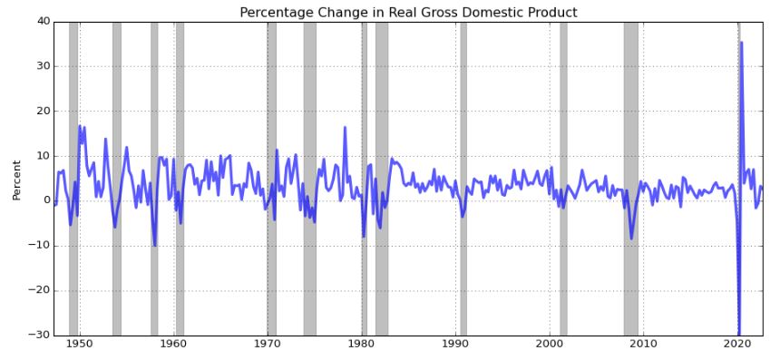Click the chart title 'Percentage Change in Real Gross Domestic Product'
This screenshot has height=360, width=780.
point(408,12)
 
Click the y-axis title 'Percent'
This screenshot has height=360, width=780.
point(17,180)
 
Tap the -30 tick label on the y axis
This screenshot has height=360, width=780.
point(39,336)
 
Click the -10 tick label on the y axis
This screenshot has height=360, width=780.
point(39,246)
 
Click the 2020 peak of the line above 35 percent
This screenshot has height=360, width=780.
point(741,43)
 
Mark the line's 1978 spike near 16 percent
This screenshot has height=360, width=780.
point(345,128)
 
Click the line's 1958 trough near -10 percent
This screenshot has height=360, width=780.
point(155,245)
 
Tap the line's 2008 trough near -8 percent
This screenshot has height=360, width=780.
point(631,238)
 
